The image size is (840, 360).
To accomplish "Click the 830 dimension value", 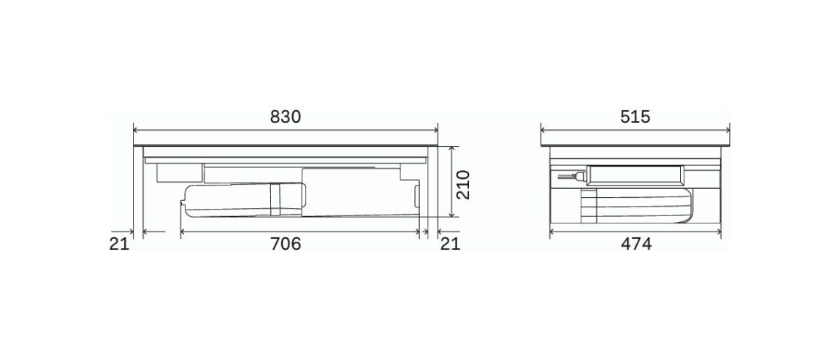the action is coord(286,117).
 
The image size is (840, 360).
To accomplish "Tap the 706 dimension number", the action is coord(286,244).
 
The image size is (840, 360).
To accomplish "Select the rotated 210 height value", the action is coord(462,184).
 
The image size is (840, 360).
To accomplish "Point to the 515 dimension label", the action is coord(635,117).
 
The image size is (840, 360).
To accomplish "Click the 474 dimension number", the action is coord(636,244).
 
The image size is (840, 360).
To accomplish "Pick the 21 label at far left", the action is coord(120,244).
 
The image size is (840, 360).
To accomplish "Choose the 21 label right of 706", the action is coord(450,244).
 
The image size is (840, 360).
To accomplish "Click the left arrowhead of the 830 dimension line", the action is coord(136,130).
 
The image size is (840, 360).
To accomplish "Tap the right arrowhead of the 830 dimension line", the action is coord(435,130).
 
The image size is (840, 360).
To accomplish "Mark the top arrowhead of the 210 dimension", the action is coord(452,148).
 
